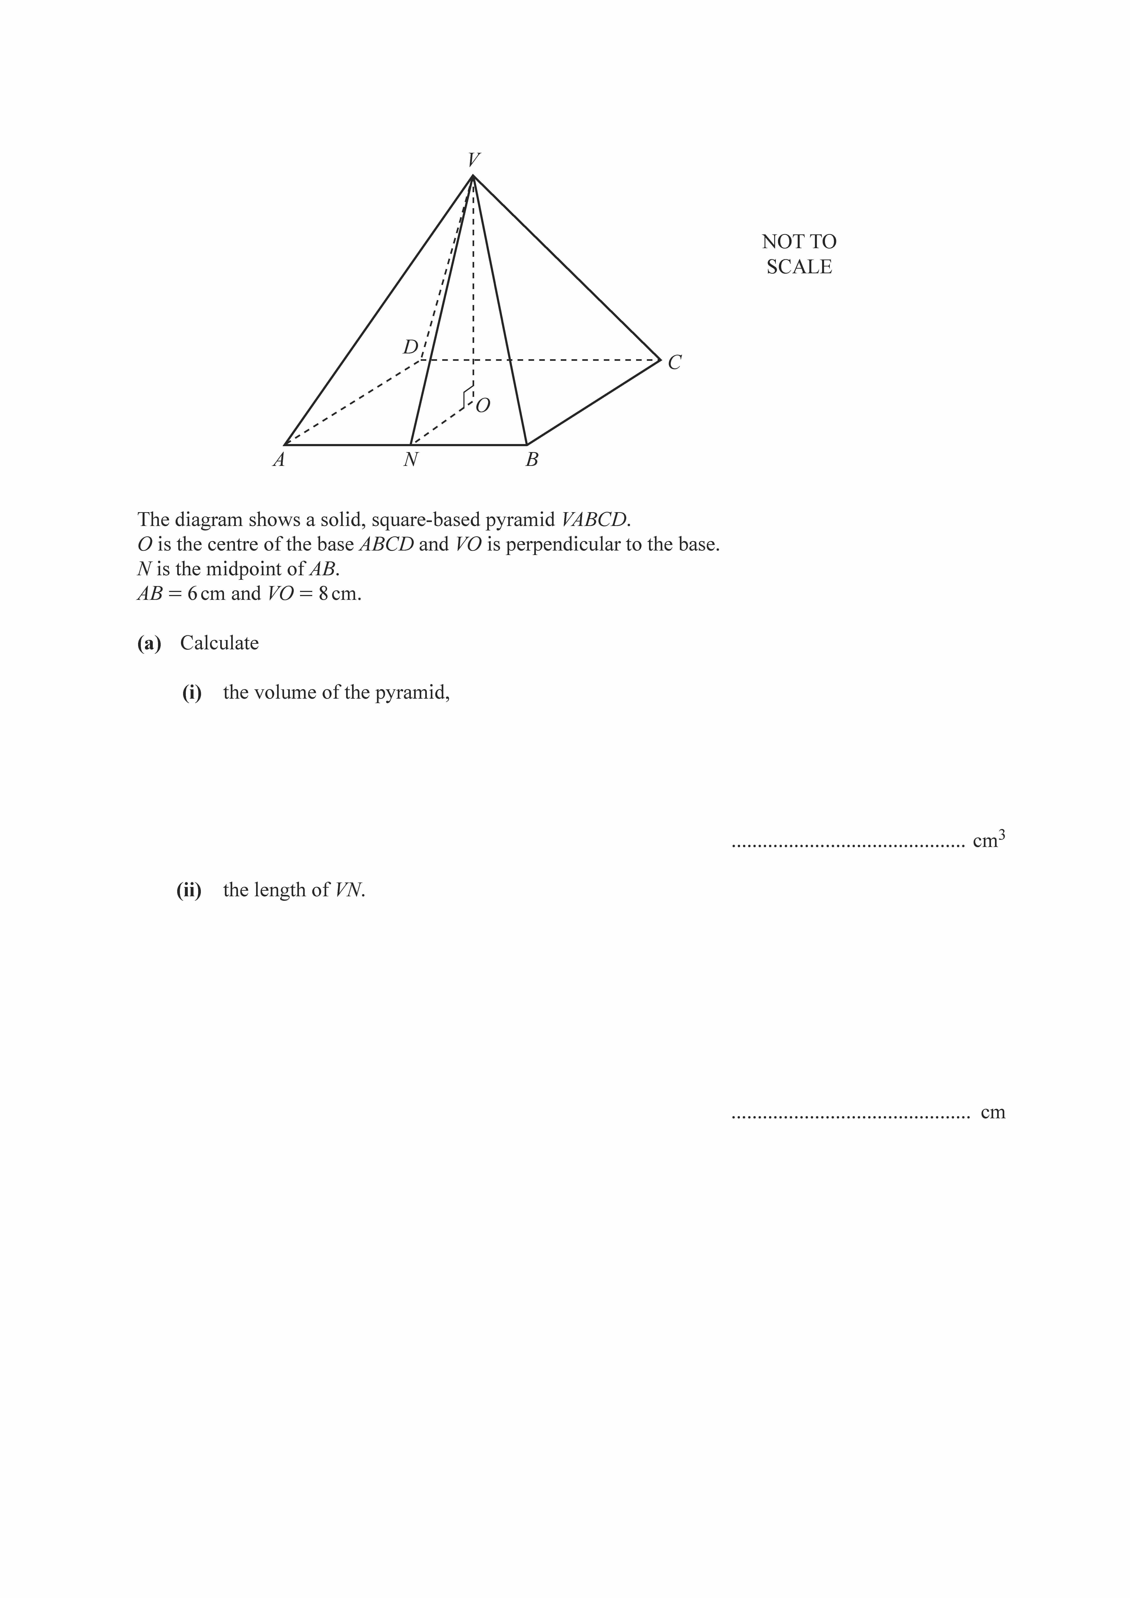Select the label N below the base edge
(411, 460)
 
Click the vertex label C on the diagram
(674, 363)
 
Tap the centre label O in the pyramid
(483, 406)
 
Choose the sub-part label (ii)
(189, 890)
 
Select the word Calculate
(219, 643)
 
